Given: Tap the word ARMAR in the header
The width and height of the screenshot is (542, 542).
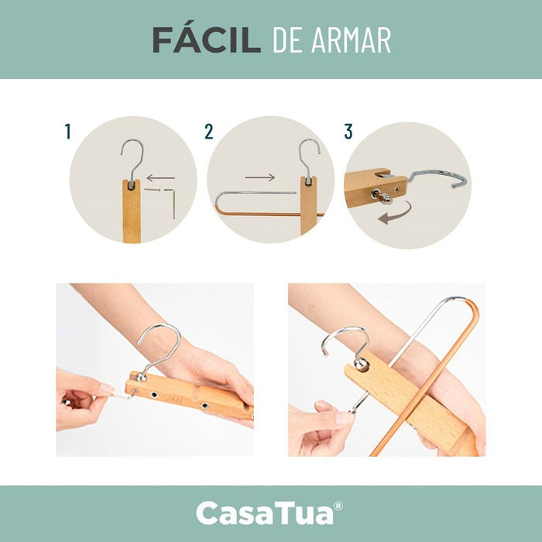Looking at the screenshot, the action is tap(351, 40).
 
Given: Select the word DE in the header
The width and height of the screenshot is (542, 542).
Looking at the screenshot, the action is tap(288, 40).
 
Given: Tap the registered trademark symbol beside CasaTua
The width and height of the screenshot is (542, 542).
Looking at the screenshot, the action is tap(338, 506).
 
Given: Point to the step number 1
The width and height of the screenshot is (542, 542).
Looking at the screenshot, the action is tap(68, 132).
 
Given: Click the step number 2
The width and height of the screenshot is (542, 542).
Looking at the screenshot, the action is tap(209, 132).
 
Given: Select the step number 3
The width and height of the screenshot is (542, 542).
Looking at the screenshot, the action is tap(348, 132).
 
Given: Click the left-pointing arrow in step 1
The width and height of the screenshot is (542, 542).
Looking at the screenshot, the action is tap(161, 178).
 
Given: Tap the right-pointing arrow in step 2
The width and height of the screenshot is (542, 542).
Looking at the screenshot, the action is tap(260, 177).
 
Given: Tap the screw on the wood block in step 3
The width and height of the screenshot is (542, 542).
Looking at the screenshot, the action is tap(381, 196).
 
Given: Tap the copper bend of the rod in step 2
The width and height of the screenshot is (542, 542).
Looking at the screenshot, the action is tap(219, 210).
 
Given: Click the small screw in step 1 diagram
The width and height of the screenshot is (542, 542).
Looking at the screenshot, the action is tap(153, 190).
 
